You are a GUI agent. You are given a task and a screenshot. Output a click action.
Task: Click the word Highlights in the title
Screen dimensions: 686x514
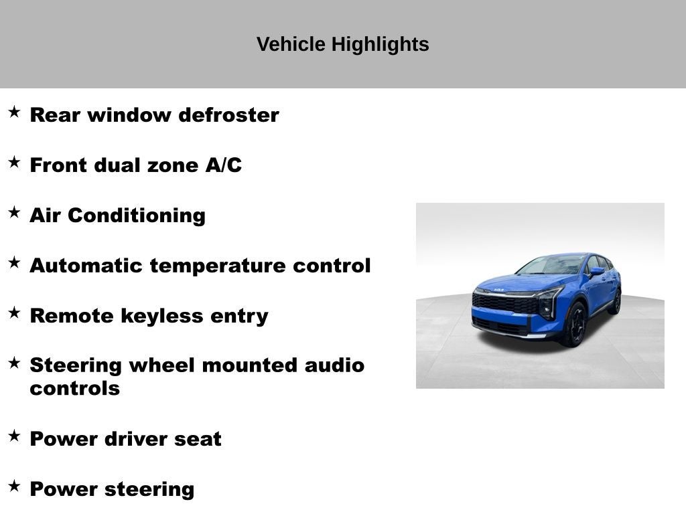pyautogui.click(x=380, y=45)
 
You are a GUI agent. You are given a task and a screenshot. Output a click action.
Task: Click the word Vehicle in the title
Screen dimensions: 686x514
pyautogui.click(x=291, y=44)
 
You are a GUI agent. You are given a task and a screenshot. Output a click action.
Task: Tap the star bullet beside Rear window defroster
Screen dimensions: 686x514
pyautogui.click(x=15, y=112)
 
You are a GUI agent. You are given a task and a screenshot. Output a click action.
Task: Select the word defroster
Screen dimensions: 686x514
pyautogui.click(x=228, y=115)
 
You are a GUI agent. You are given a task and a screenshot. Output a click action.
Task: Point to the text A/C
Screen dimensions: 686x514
pyautogui.click(x=224, y=165)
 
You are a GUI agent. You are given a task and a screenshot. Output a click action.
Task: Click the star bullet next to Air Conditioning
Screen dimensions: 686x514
pyautogui.click(x=15, y=212)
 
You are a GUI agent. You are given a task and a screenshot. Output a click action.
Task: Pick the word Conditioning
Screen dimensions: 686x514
pyautogui.click(x=137, y=216)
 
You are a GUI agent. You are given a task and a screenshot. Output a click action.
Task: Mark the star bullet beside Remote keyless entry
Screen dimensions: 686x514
pyautogui.click(x=15, y=313)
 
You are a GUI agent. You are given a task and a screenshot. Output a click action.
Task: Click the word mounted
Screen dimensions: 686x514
pyautogui.click(x=249, y=365)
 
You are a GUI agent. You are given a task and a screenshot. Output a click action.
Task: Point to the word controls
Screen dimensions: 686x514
pyautogui.click(x=75, y=389)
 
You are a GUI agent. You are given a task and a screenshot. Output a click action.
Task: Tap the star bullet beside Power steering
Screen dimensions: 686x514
pyautogui.click(x=15, y=486)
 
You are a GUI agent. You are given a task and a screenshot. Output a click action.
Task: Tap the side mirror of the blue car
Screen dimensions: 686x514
pyautogui.click(x=596, y=272)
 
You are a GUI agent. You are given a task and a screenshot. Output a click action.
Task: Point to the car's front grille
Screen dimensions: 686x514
pyautogui.click(x=504, y=303)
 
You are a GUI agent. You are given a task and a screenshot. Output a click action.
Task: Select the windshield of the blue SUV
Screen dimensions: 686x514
pyautogui.click(x=551, y=265)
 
